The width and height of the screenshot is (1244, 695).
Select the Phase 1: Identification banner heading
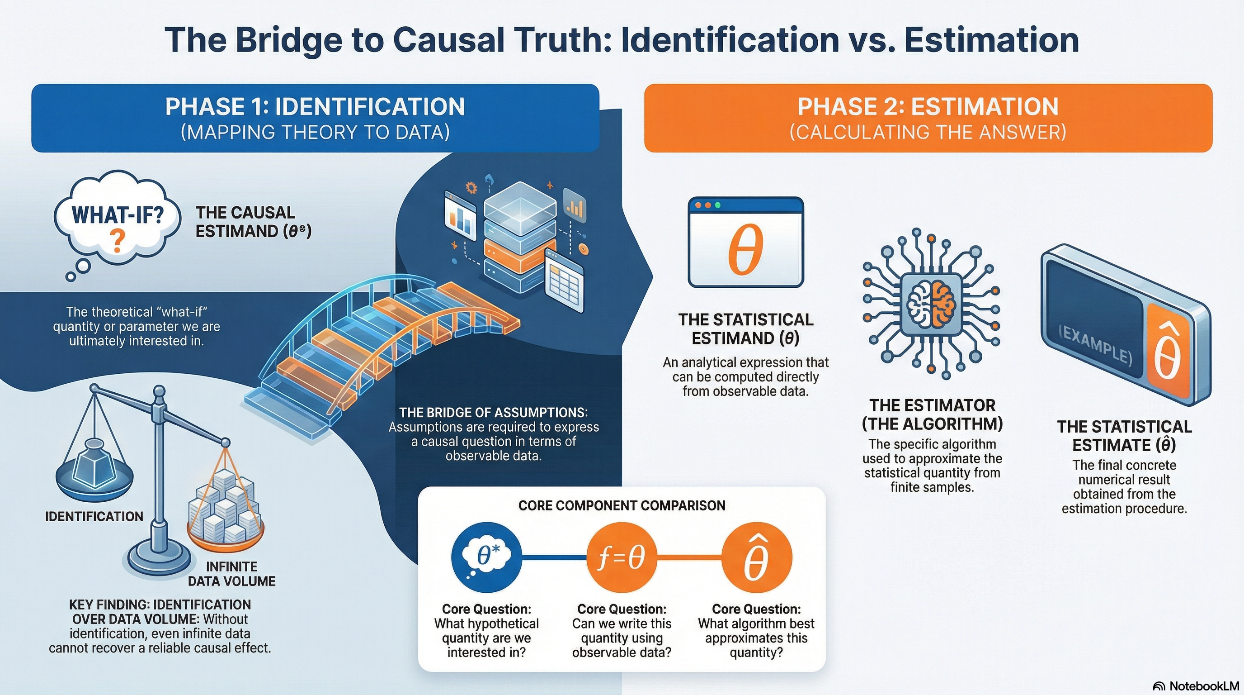click(315, 107)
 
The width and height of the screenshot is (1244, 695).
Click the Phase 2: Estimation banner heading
click(928, 107)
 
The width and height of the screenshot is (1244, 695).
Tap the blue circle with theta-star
click(487, 558)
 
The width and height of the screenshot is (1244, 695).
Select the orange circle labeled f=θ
click(622, 558)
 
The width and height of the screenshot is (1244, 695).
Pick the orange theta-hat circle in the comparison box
click(756, 558)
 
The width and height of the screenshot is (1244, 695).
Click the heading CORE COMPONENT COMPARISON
click(622, 505)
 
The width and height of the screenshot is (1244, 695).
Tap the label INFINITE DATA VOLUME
click(231, 574)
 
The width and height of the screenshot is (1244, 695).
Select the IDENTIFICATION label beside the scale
click(94, 516)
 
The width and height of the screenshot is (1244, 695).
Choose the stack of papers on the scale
click(225, 508)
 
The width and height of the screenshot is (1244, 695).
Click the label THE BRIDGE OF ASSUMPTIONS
click(493, 412)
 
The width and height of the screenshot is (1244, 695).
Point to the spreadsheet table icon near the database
click(564, 283)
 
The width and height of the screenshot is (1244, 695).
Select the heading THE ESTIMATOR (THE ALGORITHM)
click(932, 414)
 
